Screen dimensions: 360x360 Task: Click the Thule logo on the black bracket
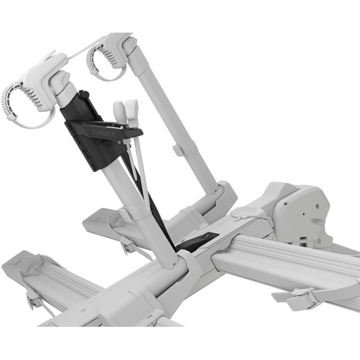coord(103,133)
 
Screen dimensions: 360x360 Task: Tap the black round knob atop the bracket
coord(85,94)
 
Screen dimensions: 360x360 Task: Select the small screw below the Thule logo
coord(119,142)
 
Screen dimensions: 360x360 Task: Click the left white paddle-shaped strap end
coord(119,111)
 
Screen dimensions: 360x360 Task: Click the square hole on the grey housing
coord(286,204)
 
